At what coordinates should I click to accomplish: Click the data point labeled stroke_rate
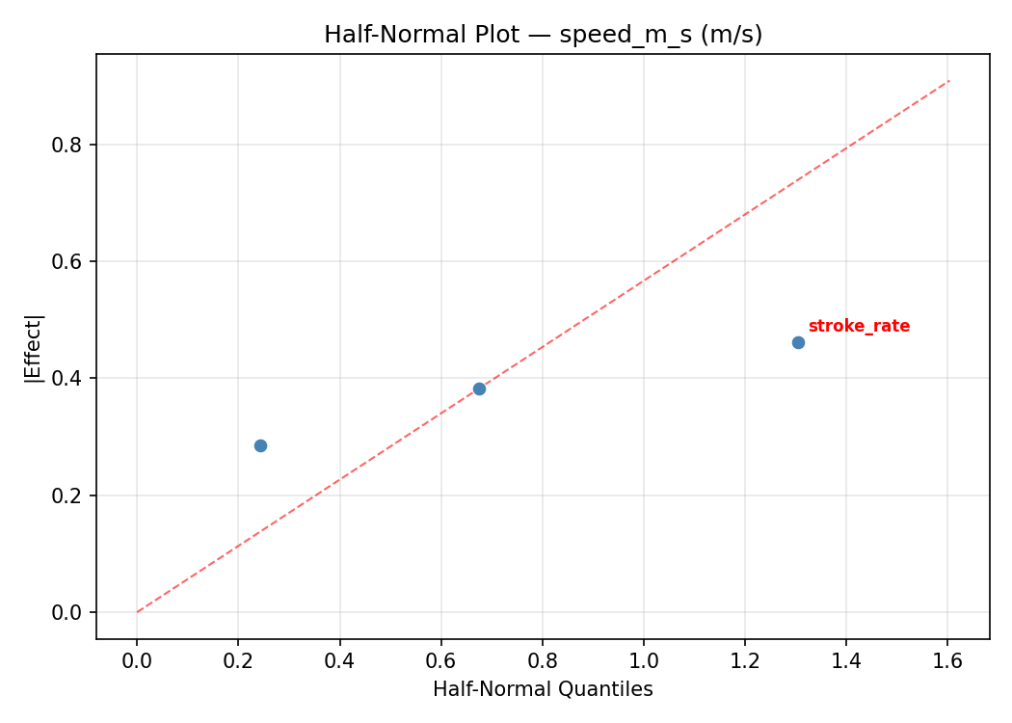tap(798, 342)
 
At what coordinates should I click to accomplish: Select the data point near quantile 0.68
tap(479, 388)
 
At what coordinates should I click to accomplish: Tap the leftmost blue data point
tap(260, 445)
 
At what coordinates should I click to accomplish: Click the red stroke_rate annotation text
tap(859, 326)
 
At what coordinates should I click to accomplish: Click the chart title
tap(543, 35)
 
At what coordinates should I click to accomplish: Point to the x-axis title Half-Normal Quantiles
tap(543, 689)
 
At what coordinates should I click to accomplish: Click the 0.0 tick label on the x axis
tap(137, 661)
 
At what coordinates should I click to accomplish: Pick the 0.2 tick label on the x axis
tap(238, 661)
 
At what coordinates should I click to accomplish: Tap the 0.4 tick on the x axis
tap(339, 661)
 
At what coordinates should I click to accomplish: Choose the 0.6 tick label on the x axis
tap(440, 661)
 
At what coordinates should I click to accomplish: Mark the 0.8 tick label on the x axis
tap(542, 661)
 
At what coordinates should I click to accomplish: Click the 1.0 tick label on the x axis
tap(644, 661)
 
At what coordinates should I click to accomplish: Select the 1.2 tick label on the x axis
tap(745, 661)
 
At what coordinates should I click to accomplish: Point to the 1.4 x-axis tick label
tap(846, 661)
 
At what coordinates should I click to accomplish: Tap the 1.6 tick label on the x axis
tap(947, 661)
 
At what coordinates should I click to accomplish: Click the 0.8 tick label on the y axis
tap(68, 145)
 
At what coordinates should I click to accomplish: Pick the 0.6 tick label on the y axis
tap(68, 261)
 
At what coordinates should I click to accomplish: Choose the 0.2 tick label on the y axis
tap(68, 495)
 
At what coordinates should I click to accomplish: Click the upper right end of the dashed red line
tap(949, 81)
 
